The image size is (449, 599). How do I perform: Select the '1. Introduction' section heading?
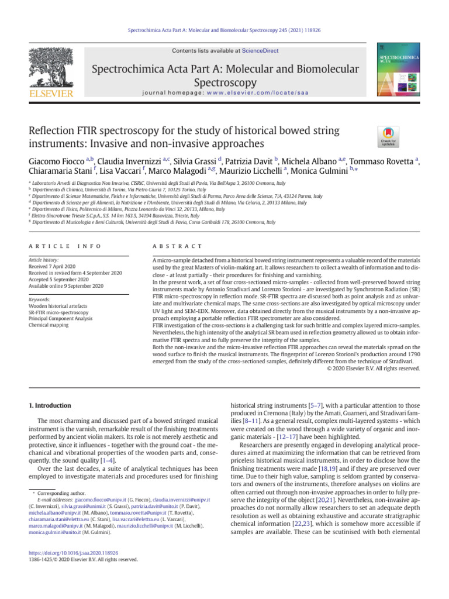[50, 405]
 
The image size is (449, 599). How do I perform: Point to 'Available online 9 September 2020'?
[66, 285]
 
